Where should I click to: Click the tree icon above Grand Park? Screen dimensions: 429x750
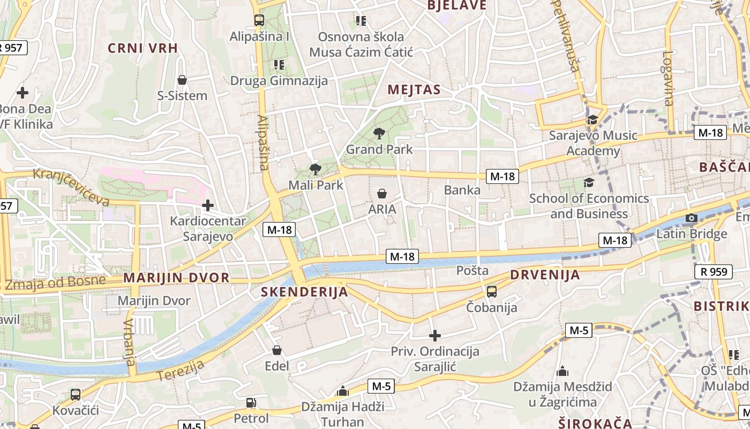(379, 134)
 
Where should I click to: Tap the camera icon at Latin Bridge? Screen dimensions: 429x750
(692, 218)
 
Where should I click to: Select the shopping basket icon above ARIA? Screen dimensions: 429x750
(382, 194)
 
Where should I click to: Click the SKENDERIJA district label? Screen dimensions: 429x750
(304, 292)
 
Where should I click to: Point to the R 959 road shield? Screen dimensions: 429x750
(714, 272)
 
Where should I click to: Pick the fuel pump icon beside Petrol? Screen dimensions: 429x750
(251, 403)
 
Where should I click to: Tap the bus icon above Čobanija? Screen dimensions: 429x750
(491, 292)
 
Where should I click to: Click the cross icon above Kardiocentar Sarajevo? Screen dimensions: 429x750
(208, 205)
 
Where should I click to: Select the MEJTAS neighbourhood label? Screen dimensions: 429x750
(414, 90)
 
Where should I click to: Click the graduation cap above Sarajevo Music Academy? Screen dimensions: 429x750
(592, 120)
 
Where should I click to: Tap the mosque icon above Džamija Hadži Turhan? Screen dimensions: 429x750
(342, 391)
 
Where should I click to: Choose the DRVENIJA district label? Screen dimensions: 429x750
(545, 275)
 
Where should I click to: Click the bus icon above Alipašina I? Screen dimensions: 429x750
(259, 21)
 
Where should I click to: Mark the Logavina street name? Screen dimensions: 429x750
(667, 78)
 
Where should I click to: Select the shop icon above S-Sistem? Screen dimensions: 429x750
(182, 80)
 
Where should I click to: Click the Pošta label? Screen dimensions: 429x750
(472, 271)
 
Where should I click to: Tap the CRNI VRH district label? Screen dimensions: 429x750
(142, 48)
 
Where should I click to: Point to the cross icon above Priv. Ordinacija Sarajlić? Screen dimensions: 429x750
(435, 336)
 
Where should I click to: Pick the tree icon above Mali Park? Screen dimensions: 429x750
(315, 169)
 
